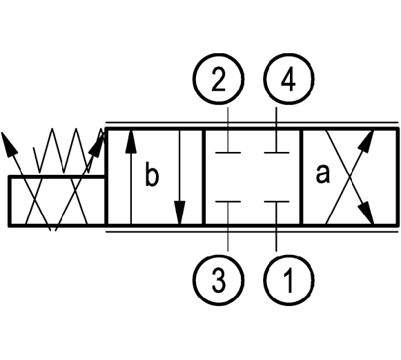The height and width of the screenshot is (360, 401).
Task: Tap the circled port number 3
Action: [x=218, y=280]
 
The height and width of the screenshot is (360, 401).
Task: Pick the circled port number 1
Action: [x=288, y=280]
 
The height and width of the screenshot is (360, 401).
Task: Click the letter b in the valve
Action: [x=152, y=174]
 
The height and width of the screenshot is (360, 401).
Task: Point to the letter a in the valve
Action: [x=322, y=174]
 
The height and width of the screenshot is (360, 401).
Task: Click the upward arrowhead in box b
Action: [x=131, y=142]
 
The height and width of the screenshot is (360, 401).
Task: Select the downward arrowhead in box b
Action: [x=179, y=213]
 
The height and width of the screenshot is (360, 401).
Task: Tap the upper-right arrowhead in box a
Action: [x=366, y=142]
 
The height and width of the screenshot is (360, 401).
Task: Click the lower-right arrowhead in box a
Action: [x=366, y=213]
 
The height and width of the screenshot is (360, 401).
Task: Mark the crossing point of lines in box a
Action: [x=350, y=177]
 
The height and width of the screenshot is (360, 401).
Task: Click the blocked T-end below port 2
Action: [x=228, y=153]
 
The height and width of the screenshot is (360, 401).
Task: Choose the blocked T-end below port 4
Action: [x=277, y=153]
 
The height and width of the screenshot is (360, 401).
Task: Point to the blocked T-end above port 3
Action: [x=228, y=202]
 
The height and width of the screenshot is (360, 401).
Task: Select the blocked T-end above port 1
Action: [x=277, y=202]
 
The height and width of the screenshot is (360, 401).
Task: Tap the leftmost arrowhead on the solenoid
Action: [x=9, y=144]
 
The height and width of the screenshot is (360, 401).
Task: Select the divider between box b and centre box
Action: [x=204, y=177]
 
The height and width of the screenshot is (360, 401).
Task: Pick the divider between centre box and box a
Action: [x=302, y=177]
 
